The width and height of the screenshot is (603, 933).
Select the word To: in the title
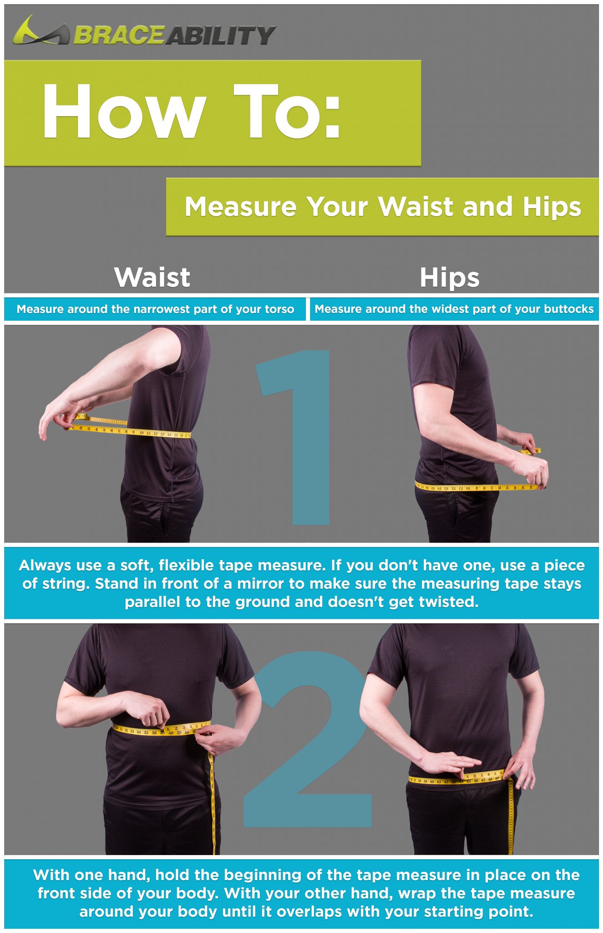pyautogui.click(x=287, y=112)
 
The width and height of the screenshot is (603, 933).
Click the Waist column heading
pyautogui.click(x=152, y=277)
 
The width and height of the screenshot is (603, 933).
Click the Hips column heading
pyautogui.click(x=450, y=277)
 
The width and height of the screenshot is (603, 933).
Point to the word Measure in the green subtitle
pyautogui.click(x=241, y=207)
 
